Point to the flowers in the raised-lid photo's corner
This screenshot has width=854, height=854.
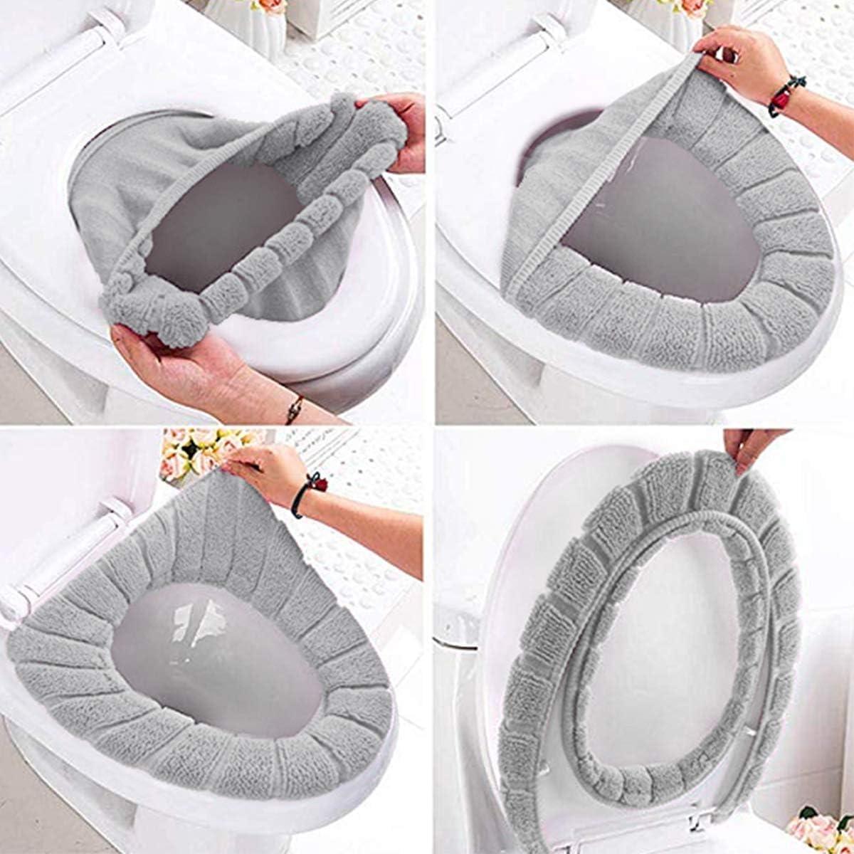(818, 829)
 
